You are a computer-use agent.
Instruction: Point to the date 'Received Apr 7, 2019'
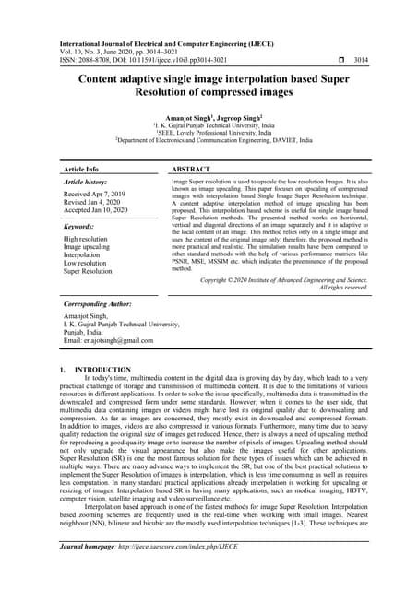click(x=98, y=196)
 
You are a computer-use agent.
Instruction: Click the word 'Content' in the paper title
click(x=104, y=79)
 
